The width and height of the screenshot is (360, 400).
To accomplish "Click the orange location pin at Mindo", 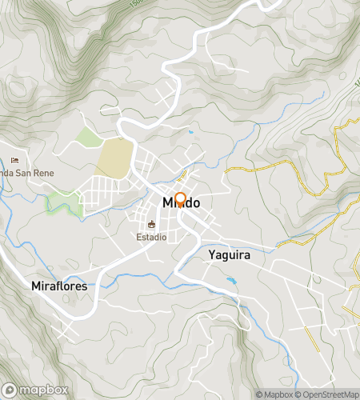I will point(180,199).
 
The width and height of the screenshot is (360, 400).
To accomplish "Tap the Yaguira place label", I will point(230,254).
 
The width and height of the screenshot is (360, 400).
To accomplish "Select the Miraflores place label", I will point(58,286).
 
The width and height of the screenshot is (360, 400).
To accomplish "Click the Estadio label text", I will point(150,238).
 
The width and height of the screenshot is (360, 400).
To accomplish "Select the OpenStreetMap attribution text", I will point(328,394).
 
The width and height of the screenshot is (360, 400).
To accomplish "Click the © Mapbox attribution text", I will point(275,394).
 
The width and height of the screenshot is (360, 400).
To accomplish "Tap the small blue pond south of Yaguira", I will point(231,281).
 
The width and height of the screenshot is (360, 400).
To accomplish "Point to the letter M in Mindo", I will point(168,203).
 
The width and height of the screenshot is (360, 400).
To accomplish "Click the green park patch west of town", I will point(64,203).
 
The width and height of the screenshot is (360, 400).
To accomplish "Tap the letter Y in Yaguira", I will point(211,254).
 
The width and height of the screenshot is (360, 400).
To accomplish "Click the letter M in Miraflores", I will point(35,286).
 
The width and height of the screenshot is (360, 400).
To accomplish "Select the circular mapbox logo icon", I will point(9,390).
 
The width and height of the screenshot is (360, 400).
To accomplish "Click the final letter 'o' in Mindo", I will point(195,203).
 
